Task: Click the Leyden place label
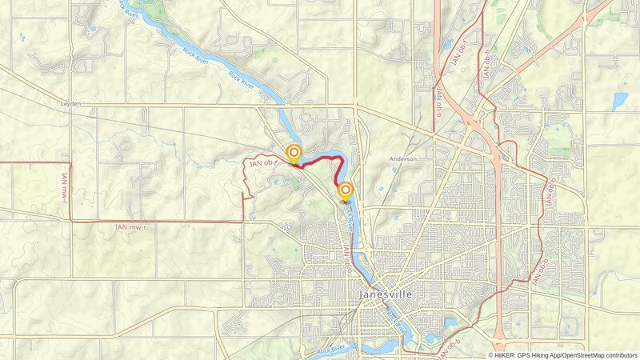coord(71,104)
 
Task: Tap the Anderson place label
coord(403,159)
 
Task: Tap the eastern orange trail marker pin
coord(346,190)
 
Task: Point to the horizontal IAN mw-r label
coord(132,227)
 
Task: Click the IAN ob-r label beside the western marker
coord(265,163)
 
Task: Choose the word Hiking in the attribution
coord(546,355)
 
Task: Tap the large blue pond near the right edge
coord(620,101)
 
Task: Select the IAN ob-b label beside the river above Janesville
coord(347,260)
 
